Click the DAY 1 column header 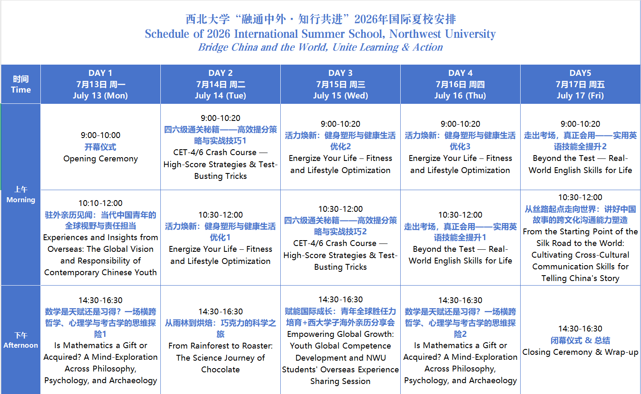pyautogui.click(x=100, y=84)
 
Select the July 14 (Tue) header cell pyautogui.click(x=220, y=84)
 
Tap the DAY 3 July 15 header pyautogui.click(x=340, y=84)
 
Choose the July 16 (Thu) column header pyautogui.click(x=460, y=84)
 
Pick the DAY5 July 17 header pyautogui.click(x=580, y=84)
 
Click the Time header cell pyautogui.click(x=21, y=84)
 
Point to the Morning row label pyautogui.click(x=21, y=195)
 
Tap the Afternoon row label pyautogui.click(x=21, y=340)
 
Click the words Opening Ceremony pyautogui.click(x=100, y=159)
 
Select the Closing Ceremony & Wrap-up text pyautogui.click(x=580, y=352)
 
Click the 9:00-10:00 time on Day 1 pyautogui.click(x=100, y=135)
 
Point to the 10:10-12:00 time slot pyautogui.click(x=100, y=203)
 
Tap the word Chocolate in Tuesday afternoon pyautogui.click(x=220, y=370)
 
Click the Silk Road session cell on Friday pyautogui.click(x=580, y=238)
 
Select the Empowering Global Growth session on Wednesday pyautogui.click(x=340, y=340)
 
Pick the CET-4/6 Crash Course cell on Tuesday pyautogui.click(x=220, y=147)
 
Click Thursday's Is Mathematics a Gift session pyautogui.click(x=460, y=340)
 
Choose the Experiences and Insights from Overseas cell pyautogui.click(x=100, y=238)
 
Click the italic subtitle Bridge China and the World pyautogui.click(x=321, y=47)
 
